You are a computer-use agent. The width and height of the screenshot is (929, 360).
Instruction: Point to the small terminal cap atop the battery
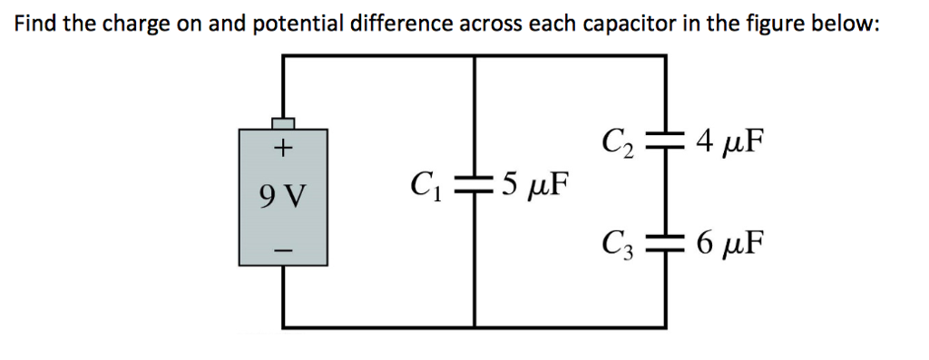tap(284, 122)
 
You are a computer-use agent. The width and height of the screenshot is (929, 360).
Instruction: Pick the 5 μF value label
tap(534, 188)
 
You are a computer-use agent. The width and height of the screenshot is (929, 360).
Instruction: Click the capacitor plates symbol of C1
tap(474, 188)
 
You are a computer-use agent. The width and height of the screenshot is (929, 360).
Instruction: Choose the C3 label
tap(619, 243)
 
